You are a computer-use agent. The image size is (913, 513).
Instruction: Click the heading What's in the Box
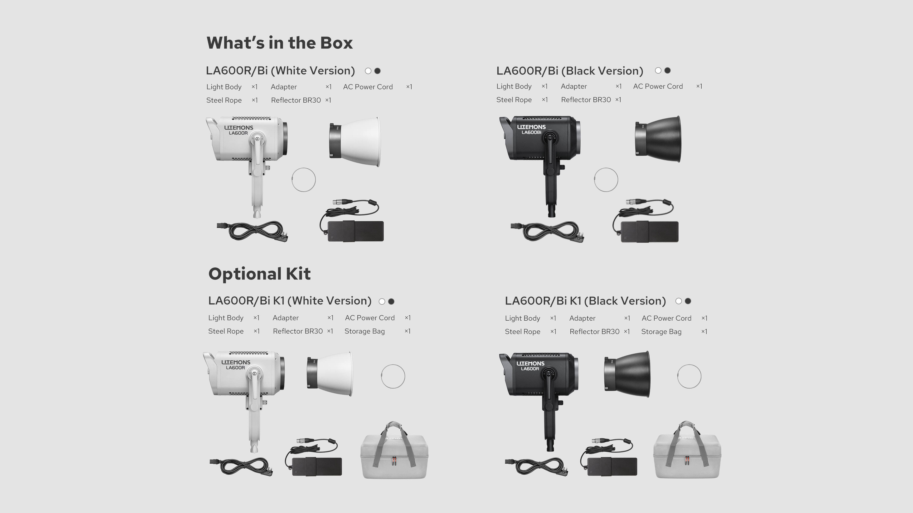(280, 43)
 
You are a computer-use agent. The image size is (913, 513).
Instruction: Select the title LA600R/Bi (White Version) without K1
(280, 71)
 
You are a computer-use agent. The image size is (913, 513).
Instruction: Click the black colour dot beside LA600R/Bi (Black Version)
(667, 71)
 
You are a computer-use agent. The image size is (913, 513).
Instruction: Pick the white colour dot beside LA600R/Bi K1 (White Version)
(382, 302)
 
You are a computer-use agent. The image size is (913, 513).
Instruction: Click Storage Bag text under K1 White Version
(365, 331)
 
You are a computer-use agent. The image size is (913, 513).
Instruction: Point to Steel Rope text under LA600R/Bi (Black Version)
(514, 100)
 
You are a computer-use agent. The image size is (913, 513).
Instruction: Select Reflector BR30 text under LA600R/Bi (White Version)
(296, 100)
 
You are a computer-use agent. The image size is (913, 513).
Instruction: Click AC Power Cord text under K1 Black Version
(666, 318)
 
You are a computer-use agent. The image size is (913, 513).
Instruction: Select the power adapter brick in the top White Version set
(355, 231)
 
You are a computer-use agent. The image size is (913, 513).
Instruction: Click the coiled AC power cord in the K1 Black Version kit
(537, 467)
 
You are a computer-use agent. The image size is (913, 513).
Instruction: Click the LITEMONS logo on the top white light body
(238, 128)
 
